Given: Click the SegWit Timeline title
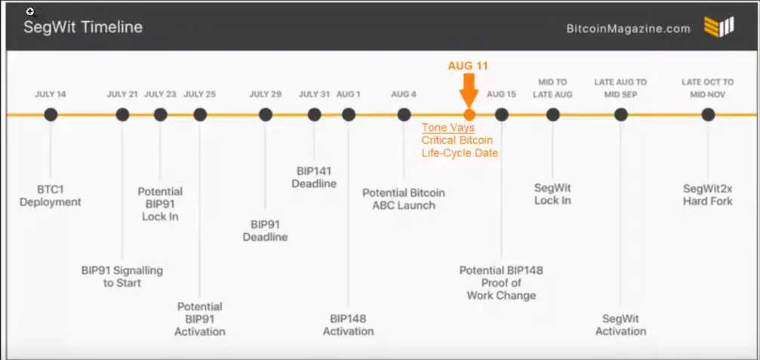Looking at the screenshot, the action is pyautogui.click(x=83, y=27).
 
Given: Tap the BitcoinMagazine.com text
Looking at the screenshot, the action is pyautogui.click(x=628, y=29).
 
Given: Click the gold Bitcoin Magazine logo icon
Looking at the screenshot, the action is pyautogui.click(x=718, y=27).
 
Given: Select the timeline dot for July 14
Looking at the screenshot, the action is pyautogui.click(x=51, y=115).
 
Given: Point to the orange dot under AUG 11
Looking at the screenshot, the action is pyautogui.click(x=469, y=115).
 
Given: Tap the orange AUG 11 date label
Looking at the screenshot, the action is pyautogui.click(x=468, y=66).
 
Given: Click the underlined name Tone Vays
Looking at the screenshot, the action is pyautogui.click(x=448, y=128).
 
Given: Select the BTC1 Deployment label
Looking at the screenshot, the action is pyautogui.click(x=51, y=195).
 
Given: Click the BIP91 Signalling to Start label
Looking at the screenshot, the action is pyautogui.click(x=122, y=277).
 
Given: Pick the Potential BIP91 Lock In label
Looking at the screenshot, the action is pyautogui.click(x=160, y=204).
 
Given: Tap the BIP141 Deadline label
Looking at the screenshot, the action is pyautogui.click(x=314, y=177).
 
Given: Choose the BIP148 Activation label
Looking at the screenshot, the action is pyautogui.click(x=348, y=325).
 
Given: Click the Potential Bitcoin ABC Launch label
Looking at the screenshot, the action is pyautogui.click(x=404, y=198).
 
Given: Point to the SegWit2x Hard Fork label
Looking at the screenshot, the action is pyautogui.click(x=708, y=195).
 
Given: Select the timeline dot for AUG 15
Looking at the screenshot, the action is pyautogui.click(x=502, y=115).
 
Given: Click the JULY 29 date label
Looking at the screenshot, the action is pyautogui.click(x=265, y=94).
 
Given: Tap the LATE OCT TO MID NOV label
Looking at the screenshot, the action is pyautogui.click(x=708, y=88).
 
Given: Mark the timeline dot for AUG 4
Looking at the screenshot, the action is pyautogui.click(x=404, y=115).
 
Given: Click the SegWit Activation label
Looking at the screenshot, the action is pyautogui.click(x=621, y=325).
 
